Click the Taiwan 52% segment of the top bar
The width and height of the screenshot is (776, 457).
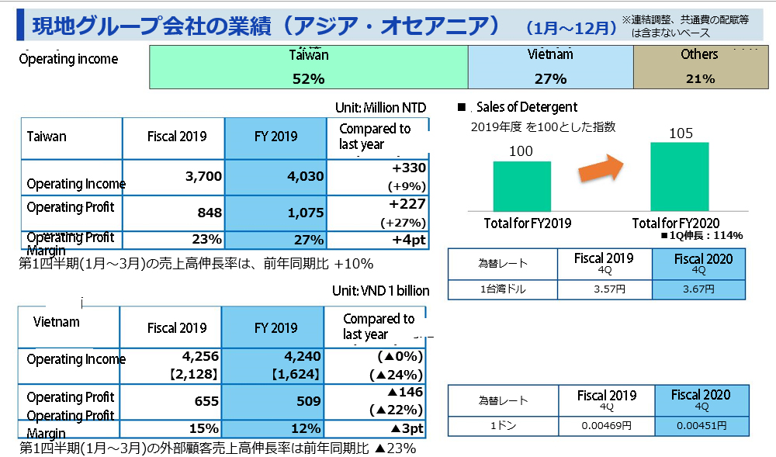[308, 67]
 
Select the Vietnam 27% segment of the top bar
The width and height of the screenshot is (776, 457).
[550, 67]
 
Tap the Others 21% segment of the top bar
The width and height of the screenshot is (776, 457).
[699, 67]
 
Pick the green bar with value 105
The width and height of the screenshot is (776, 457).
[679, 175]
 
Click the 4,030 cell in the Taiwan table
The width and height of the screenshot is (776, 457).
[276, 177]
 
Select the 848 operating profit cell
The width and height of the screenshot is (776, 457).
[174, 213]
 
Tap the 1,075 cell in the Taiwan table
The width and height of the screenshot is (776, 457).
[276, 213]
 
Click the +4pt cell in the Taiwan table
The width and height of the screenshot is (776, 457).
[379, 240]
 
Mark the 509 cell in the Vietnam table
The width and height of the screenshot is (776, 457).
[272, 401]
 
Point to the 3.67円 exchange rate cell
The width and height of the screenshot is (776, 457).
[699, 289]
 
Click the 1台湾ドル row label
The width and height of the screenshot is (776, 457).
[502, 289]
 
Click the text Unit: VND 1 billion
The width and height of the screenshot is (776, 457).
[379, 291]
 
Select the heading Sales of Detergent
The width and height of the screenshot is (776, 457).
[527, 107]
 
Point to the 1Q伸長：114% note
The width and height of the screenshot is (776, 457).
[702, 235]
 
